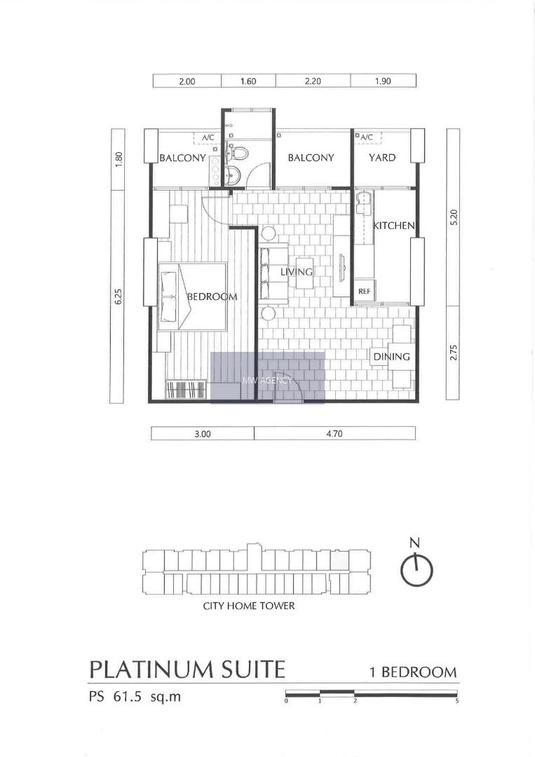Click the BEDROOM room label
212,296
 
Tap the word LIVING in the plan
297,272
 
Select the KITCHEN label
393,226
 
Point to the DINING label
391,357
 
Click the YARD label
382,158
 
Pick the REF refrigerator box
365,292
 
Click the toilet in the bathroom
237,152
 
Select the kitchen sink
364,201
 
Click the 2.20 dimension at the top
313,81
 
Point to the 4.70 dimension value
334,434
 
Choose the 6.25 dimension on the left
118,296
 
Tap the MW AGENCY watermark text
267,380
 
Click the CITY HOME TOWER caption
249,606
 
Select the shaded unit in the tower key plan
339,560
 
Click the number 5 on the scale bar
456,701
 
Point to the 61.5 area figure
128,697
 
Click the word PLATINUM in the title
151,669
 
